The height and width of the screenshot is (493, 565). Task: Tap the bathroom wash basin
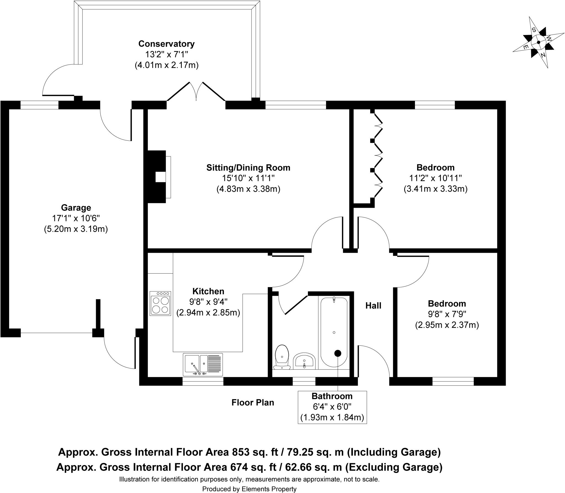304,361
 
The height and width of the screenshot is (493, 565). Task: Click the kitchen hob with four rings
160,303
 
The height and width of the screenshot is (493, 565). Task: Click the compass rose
538,42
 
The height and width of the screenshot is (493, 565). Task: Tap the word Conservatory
166,44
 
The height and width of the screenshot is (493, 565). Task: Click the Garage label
76,207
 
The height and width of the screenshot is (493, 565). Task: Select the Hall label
373,305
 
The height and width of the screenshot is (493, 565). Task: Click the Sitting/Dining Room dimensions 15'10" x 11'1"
248,178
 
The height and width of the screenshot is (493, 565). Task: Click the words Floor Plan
253,403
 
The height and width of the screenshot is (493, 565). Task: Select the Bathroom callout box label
332,396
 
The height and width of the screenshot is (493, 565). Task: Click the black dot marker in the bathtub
338,353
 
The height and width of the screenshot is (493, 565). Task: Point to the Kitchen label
208,291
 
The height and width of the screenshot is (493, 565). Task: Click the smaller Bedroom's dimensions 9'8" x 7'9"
447,314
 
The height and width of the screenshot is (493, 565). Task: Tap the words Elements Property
269,489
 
